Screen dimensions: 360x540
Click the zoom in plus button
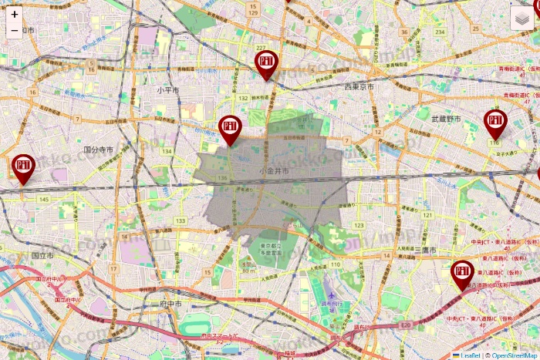[15, 14]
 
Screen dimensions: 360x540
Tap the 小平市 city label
[167, 90]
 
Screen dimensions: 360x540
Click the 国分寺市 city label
[99, 149]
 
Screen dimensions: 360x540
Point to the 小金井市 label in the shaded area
[275, 170]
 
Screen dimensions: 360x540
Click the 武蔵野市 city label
[446, 119]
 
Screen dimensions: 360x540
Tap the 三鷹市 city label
[425, 251]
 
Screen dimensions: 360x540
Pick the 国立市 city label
[43, 254]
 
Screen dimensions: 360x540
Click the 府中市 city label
[170, 304]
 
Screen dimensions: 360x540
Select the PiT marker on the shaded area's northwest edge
[230, 129]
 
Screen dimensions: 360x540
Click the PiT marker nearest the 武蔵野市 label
[495, 123]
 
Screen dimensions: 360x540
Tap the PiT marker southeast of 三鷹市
[462, 274]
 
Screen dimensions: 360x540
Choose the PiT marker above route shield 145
[23, 168]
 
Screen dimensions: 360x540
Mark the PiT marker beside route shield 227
[266, 64]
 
